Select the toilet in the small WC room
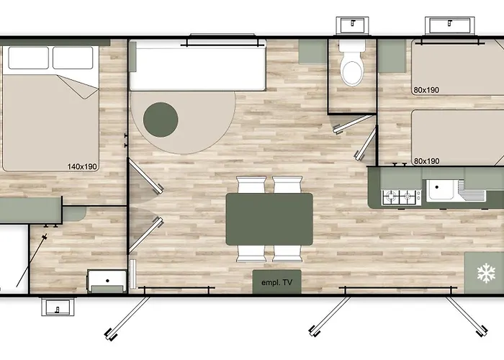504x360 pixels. tap(352, 66)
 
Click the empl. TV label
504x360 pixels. tap(276, 282)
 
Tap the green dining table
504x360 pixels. tap(269, 219)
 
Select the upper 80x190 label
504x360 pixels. tap(426, 90)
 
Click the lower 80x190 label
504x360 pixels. tap(426, 161)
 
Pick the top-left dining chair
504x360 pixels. tap(249, 185)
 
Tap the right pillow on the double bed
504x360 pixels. tap(73, 58)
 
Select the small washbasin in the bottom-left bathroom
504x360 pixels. tap(107, 280)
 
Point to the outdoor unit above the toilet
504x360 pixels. tap(352, 24)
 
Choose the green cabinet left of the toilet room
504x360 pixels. tap(312, 52)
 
